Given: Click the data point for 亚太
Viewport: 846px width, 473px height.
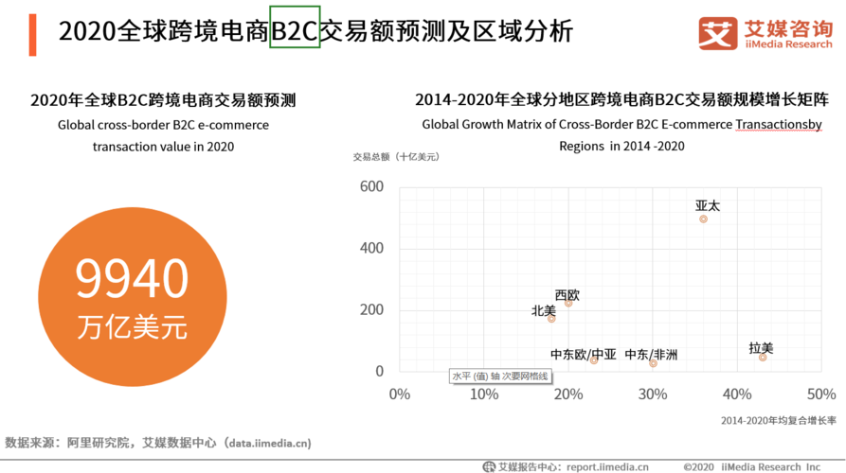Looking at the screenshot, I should click(703, 219).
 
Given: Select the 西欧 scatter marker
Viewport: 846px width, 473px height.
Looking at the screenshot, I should click(568, 303).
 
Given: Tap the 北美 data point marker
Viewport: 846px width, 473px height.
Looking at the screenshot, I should click(551, 319).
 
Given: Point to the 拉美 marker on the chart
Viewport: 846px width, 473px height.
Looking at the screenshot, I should click(763, 357).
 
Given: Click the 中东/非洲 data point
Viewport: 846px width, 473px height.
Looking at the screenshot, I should click(653, 363).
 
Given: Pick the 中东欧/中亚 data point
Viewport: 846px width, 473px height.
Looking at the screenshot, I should click(594, 360).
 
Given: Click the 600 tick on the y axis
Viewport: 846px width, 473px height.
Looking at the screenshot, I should click(371, 187).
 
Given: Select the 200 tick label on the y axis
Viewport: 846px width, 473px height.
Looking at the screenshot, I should click(371, 310).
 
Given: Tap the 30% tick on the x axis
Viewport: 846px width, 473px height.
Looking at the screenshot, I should click(653, 393).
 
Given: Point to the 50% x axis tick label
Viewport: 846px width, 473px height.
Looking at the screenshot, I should click(820, 393).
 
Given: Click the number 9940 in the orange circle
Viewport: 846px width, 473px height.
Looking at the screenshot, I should click(132, 281).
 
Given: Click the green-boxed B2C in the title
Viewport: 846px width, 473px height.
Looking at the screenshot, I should click(295, 31).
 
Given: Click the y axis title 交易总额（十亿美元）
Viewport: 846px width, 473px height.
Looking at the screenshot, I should click(396, 157).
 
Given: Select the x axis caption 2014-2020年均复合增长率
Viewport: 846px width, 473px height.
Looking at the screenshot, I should click(778, 420).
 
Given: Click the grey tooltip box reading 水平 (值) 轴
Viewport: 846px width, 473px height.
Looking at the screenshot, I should click(500, 377).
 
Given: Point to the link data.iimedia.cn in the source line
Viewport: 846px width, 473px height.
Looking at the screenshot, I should click(267, 443).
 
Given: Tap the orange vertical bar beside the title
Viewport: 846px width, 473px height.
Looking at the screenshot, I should click(34, 35).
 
